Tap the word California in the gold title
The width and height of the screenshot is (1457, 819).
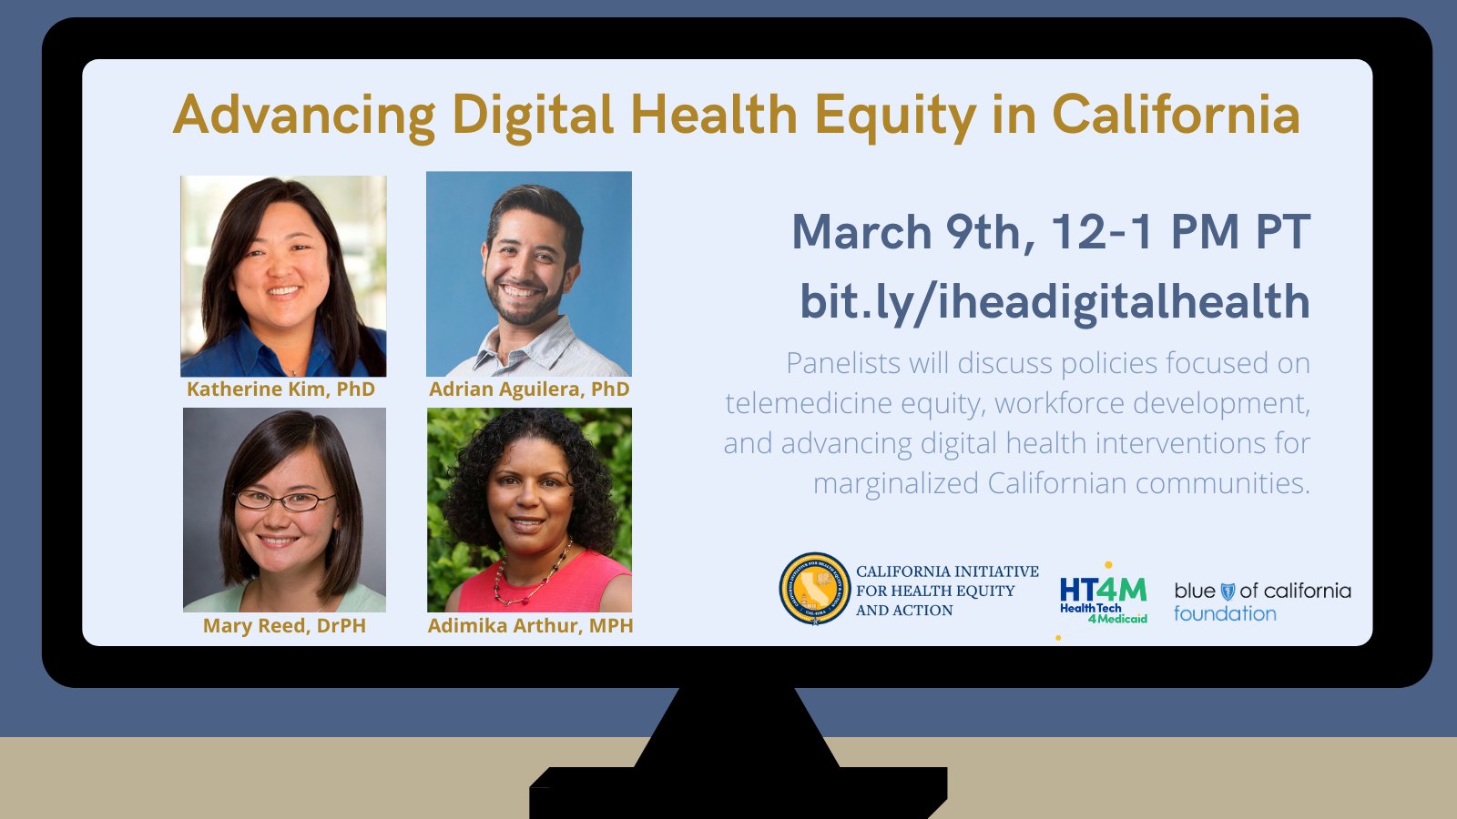1176,116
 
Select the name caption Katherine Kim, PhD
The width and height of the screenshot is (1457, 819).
280,389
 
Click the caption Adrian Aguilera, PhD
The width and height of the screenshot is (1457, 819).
529,389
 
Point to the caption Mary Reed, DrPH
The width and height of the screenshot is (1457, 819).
284,626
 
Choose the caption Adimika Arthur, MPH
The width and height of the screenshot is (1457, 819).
530,626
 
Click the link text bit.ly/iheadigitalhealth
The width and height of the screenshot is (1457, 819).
1055,302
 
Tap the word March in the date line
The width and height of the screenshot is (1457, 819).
861,232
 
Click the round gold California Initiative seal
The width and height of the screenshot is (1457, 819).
814,589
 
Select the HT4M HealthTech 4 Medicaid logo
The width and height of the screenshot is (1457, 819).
1103,599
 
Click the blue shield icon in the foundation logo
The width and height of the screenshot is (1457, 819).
1228,591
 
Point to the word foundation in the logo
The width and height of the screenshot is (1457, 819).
1225,614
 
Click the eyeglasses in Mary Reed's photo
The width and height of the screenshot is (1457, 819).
286,500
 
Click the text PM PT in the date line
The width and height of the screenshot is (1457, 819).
1239,232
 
